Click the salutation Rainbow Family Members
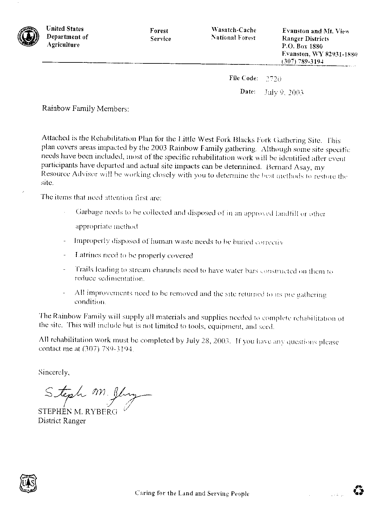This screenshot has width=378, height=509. click(x=86, y=109)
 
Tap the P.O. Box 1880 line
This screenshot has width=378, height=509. click(x=302, y=46)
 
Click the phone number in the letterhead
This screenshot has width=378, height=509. click(x=302, y=61)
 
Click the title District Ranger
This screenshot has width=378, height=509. click(x=62, y=421)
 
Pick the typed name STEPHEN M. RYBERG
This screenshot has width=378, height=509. click(x=77, y=412)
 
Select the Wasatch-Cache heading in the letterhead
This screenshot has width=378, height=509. click(x=233, y=30)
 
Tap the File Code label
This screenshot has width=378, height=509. click(x=244, y=78)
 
